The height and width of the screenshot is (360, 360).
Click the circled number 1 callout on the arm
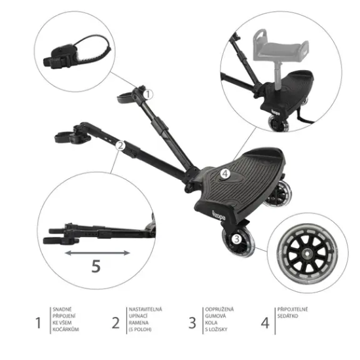coord(148,94)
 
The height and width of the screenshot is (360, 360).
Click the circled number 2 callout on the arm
coord(120,146)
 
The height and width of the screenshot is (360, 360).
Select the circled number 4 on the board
coord(225,174)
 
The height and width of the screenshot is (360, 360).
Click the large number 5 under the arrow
coord(96,266)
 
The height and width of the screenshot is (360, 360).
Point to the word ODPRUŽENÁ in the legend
coord(220,309)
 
